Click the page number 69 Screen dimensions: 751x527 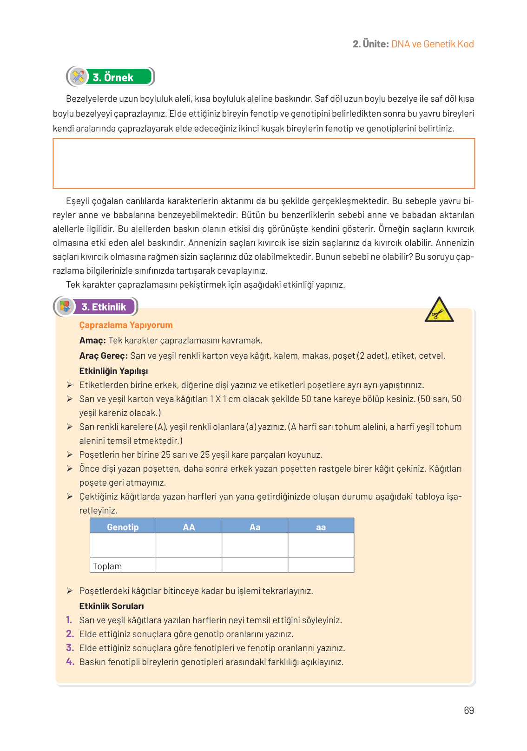pos(468,710)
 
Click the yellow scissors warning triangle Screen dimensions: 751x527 pos(439,310)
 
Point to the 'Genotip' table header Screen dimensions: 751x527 pos(123,527)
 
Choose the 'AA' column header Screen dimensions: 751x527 pos(189,527)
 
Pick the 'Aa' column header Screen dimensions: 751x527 pos(255,527)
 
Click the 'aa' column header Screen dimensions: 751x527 pos(321,527)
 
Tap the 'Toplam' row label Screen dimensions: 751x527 pos(107,566)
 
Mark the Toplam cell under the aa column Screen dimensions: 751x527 pos(321,565)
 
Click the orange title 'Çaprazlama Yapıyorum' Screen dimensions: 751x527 pos(126,325)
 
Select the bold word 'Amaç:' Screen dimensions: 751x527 pos(92,340)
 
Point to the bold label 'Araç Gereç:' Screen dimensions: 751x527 pos(103,356)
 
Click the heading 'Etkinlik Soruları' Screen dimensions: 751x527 pos(112,606)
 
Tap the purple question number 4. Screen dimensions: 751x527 pos(70,661)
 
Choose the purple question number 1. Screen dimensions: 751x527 pos(69,619)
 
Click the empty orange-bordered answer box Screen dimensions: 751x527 pos(263,163)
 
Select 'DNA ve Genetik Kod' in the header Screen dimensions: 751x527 pos(432,44)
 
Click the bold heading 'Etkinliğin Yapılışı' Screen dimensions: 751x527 pos(113,371)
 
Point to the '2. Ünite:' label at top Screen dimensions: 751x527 pos(370,44)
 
